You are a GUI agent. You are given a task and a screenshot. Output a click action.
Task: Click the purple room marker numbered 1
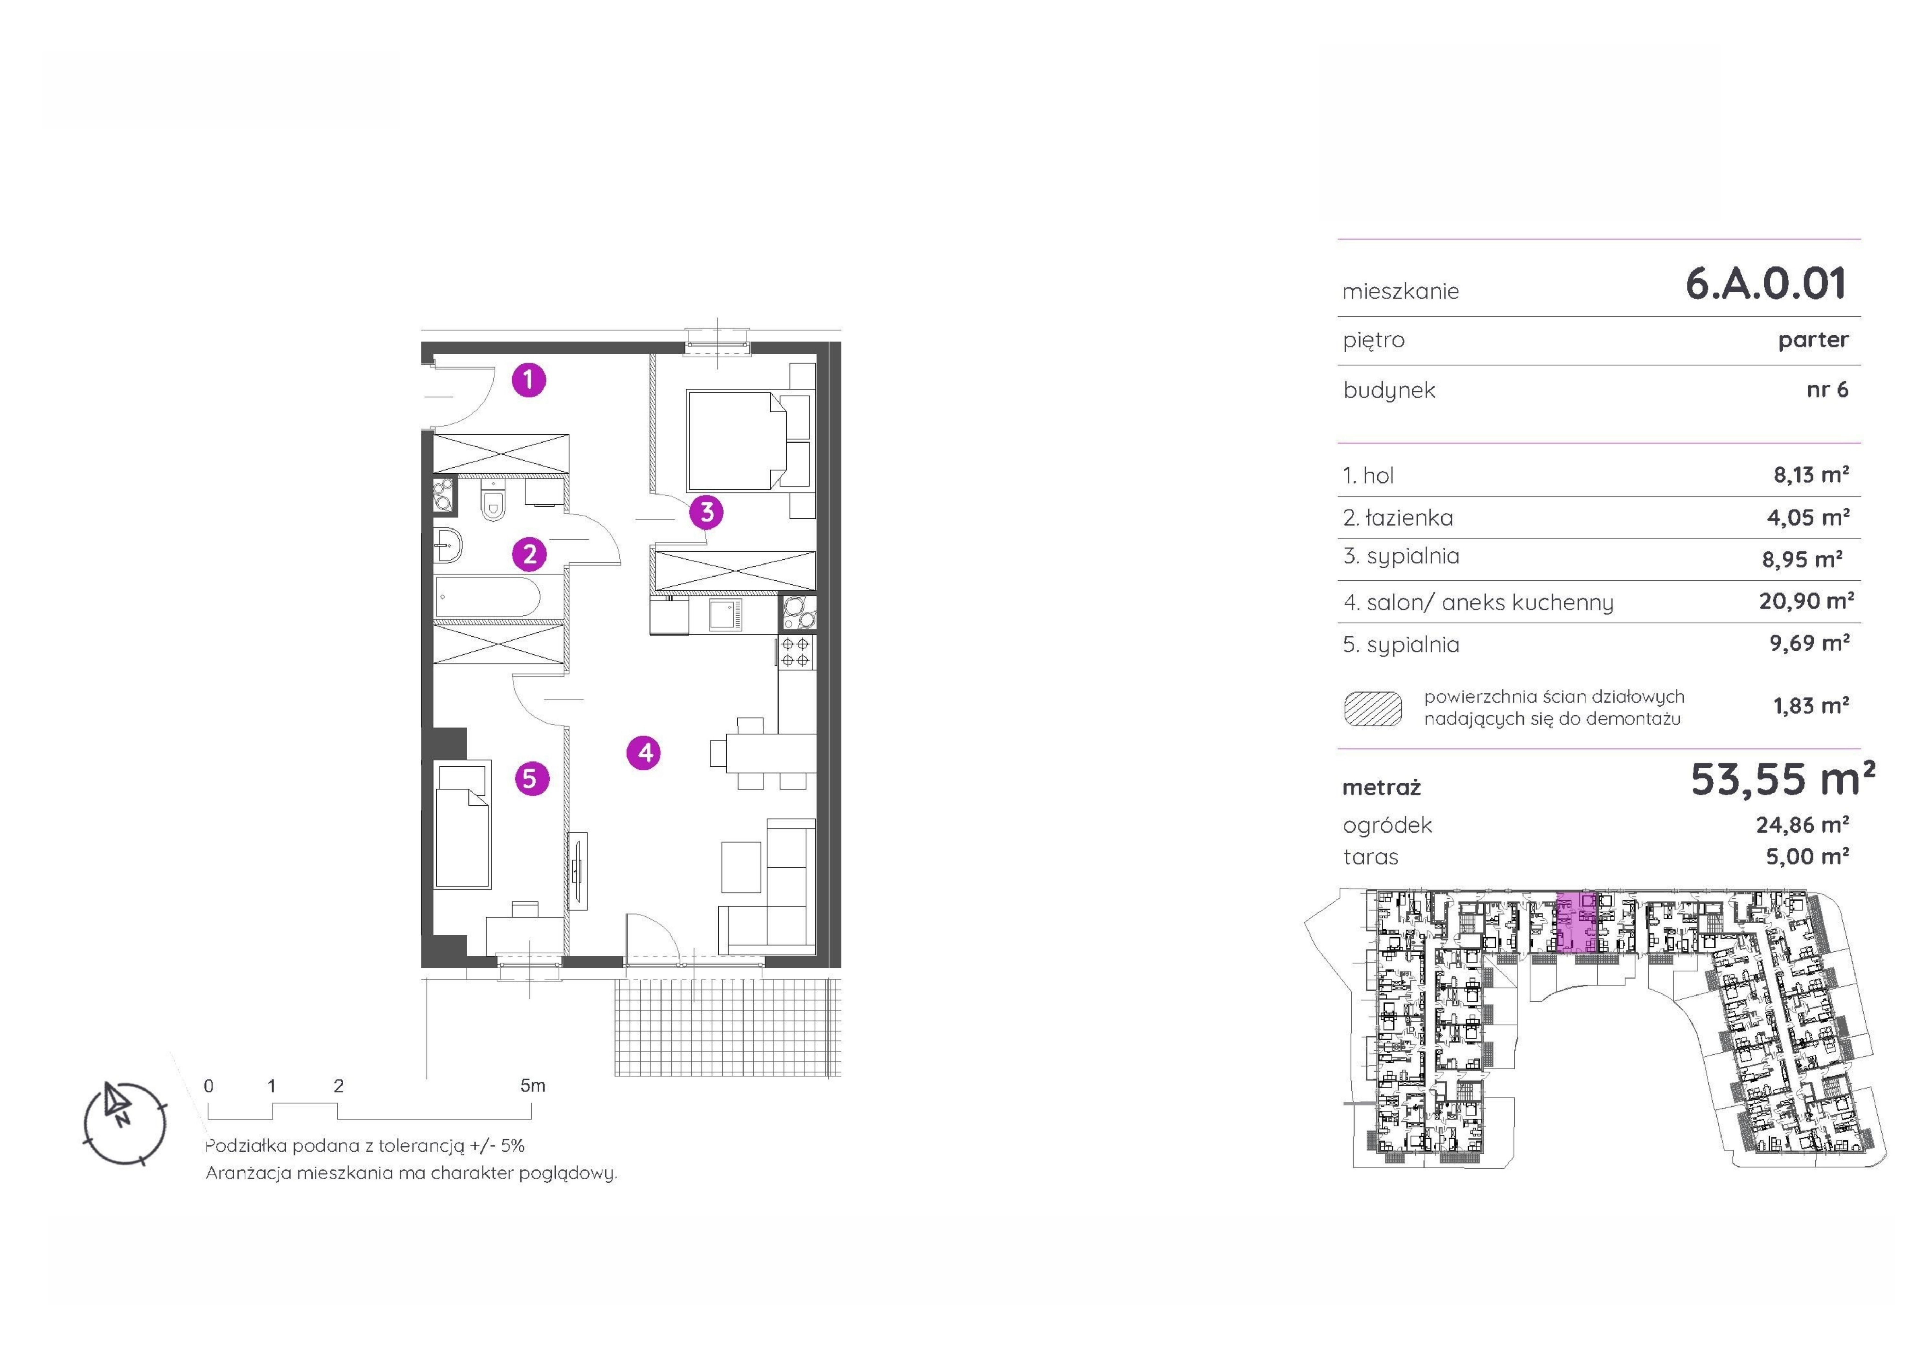tap(528, 379)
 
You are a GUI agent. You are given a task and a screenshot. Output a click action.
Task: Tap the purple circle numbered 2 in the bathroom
tap(529, 554)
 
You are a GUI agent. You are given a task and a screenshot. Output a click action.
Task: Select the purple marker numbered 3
tap(707, 512)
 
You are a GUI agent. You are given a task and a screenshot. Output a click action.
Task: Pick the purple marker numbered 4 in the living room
tap(644, 752)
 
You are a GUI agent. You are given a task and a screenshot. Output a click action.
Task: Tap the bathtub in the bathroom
tap(487, 597)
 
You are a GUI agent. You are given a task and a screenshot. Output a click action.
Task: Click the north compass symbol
tap(124, 1123)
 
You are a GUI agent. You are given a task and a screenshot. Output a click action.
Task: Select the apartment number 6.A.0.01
tap(1765, 283)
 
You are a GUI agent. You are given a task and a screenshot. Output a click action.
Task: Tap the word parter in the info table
tap(1813, 340)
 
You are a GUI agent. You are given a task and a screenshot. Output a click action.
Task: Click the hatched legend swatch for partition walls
tap(1373, 708)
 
